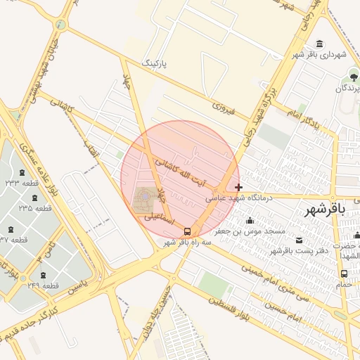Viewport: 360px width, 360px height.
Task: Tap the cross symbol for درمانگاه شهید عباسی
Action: [239, 188]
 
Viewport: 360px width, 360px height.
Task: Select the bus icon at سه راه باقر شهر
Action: [187, 231]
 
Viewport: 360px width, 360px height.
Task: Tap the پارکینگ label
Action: [157, 63]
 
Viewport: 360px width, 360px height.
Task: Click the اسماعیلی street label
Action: [159, 219]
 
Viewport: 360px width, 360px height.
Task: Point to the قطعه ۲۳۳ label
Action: [22, 183]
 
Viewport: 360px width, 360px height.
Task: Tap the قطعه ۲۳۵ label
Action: [35, 208]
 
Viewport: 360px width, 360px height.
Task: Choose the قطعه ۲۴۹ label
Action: [43, 285]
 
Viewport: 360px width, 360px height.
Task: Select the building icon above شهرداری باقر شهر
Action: [320, 44]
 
